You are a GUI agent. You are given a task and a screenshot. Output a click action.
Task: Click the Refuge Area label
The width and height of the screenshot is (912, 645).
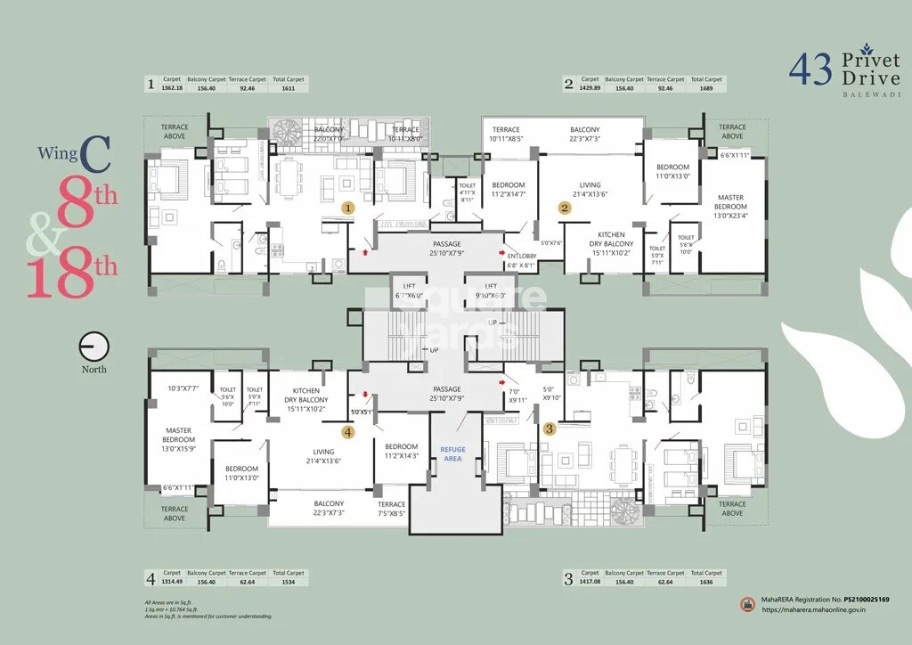pos(453,453)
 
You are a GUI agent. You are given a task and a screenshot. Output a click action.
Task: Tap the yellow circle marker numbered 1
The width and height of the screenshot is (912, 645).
pos(349,207)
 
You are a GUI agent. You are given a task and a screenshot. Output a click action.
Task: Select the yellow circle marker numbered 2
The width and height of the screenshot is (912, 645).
pos(565,208)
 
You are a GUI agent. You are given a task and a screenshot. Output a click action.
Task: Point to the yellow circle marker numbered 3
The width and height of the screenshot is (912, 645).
pos(550,429)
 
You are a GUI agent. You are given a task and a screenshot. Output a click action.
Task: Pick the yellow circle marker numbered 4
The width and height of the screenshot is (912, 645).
pos(348,432)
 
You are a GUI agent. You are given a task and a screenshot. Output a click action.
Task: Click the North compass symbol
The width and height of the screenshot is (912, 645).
pos(94,347)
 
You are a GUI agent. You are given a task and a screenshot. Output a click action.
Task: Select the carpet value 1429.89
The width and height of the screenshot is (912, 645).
pos(589,88)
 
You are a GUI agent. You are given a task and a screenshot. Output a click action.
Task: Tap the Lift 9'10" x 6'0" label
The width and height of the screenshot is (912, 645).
pos(490,290)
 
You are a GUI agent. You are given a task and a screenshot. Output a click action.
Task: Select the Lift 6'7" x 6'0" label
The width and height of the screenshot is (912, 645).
pos(411,290)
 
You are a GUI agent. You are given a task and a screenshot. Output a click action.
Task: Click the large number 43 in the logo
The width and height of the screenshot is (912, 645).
pos(810,69)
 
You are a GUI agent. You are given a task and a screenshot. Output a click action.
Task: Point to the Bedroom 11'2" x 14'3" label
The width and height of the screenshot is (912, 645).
pos(402,451)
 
